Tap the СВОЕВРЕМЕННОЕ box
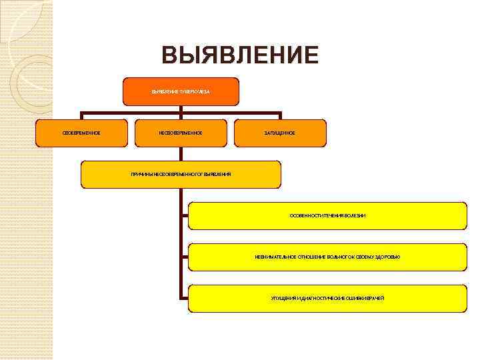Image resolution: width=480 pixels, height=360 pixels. (81, 133)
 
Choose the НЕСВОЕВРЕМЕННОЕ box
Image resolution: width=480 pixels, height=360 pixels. (181, 133)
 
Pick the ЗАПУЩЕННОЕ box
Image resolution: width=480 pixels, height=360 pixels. (281, 133)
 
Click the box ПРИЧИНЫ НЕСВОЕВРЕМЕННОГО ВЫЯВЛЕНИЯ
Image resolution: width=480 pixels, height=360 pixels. (181, 174)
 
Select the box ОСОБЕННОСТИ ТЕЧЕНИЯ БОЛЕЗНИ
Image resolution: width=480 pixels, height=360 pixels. (327, 215)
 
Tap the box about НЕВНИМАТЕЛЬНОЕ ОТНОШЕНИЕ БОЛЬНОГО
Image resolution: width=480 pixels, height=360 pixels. (327, 257)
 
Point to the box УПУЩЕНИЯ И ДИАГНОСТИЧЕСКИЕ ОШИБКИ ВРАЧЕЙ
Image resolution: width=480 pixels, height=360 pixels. (327, 298)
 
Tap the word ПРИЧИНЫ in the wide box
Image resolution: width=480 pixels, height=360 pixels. (141, 174)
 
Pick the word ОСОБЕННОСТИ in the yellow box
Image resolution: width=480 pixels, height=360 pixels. (303, 216)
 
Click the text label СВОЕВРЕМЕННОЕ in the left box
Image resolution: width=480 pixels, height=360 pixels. (81, 133)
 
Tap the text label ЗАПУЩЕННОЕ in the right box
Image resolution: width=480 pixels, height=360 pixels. (281, 133)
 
